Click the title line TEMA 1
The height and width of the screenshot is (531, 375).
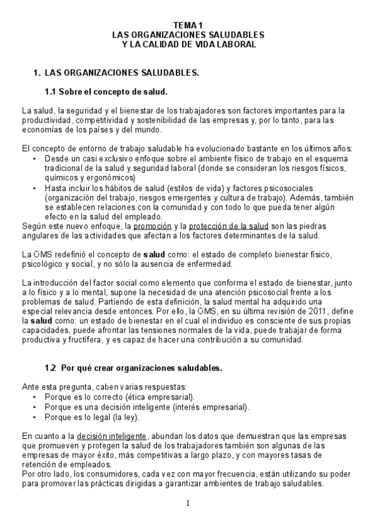188,24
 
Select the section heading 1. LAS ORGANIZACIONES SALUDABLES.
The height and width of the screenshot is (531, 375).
116,73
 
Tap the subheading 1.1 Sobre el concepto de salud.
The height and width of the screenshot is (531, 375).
106,92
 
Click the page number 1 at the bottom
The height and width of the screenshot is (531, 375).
187,503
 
